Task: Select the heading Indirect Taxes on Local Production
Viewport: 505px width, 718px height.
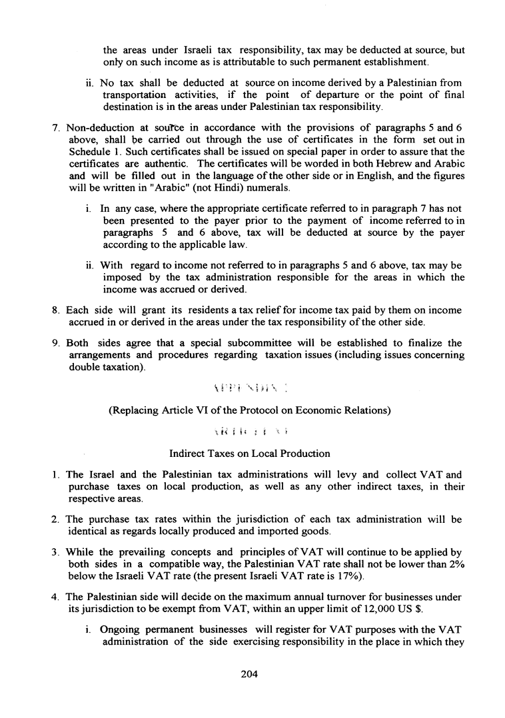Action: point(250,454)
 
